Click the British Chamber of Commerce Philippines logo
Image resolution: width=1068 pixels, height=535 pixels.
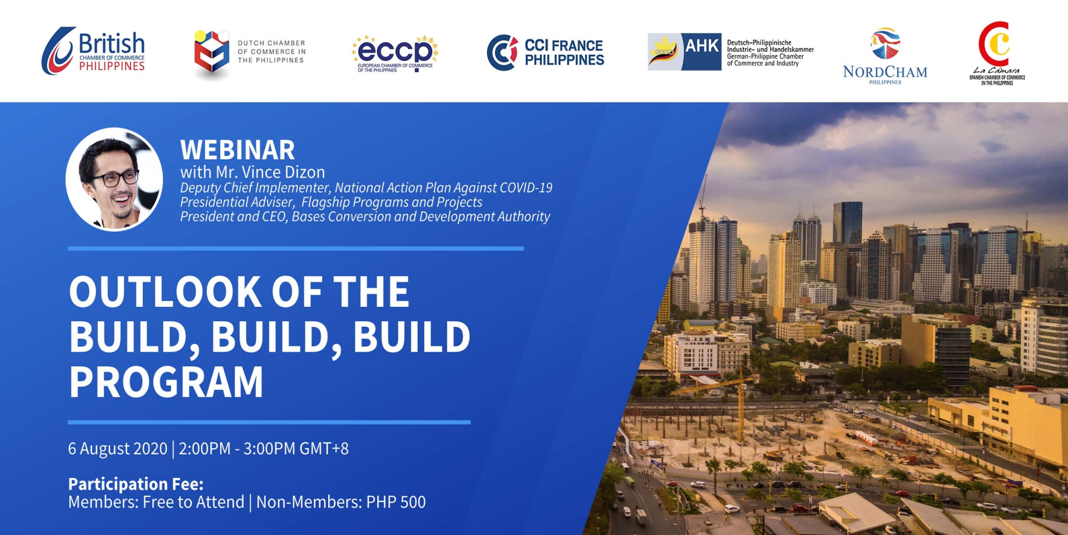[93, 51]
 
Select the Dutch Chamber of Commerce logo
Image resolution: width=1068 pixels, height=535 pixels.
[250, 53]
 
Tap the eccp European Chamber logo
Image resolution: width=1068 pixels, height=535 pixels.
[395, 54]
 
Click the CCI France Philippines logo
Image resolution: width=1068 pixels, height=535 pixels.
[545, 52]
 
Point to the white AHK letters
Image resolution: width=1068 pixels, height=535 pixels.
[701, 45]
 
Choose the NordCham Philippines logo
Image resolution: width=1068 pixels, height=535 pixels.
[885, 56]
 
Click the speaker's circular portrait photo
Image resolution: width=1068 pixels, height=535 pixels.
[114, 179]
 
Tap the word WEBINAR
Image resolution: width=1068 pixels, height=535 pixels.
[238, 150]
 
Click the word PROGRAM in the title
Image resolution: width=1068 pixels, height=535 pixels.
[166, 382]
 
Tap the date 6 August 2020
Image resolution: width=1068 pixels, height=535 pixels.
[117, 449]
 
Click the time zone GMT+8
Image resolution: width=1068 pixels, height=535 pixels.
[324, 449]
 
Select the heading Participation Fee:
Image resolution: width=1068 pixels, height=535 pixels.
[136, 483]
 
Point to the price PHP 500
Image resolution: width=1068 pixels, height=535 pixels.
[396, 502]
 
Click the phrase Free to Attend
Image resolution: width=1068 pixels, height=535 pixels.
[194, 502]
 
